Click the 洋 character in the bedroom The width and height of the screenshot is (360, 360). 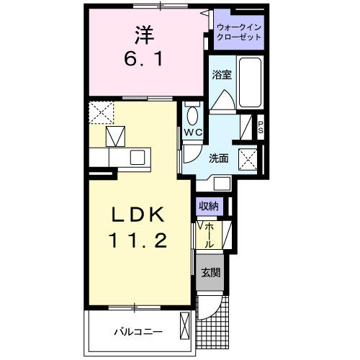(144, 35)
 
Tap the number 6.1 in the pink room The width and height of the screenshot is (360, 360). (143, 59)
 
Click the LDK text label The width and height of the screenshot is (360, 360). (138, 215)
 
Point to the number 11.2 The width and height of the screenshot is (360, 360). (138, 240)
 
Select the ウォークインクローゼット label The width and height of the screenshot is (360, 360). (239, 32)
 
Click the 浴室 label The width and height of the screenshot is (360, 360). (222, 75)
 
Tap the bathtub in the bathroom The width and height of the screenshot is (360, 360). (250, 82)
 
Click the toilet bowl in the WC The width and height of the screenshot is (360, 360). (192, 116)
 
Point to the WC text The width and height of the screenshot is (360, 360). (193, 132)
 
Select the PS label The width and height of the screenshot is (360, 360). (261, 127)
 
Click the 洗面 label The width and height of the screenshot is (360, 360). (218, 158)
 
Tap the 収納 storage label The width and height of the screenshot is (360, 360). (209, 206)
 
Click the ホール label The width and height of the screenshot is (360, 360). (210, 235)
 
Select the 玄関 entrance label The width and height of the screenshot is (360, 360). (210, 272)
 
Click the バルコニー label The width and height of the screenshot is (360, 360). (138, 332)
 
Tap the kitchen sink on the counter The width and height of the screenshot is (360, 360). (138, 158)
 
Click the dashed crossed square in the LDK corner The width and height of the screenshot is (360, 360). (101, 112)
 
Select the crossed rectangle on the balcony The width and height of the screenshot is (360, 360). (185, 325)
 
